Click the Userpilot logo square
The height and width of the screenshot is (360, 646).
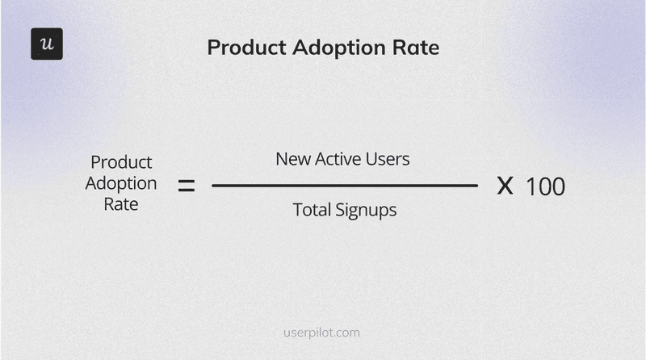[x=46, y=44]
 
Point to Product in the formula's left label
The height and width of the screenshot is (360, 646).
[x=121, y=161]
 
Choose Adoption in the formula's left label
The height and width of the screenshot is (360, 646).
[x=121, y=183]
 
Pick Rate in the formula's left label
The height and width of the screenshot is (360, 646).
[x=121, y=204]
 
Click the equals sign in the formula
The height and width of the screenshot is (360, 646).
[x=187, y=186]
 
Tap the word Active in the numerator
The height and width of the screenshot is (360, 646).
[x=339, y=159]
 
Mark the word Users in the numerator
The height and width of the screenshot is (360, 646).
[x=389, y=159]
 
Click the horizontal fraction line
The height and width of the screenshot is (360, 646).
[x=345, y=186]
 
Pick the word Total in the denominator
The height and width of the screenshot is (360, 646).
[x=310, y=211]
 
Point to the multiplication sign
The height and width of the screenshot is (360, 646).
[x=505, y=186]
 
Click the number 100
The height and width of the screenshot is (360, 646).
[x=545, y=187]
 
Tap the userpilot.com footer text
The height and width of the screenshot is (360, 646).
[x=323, y=332]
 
